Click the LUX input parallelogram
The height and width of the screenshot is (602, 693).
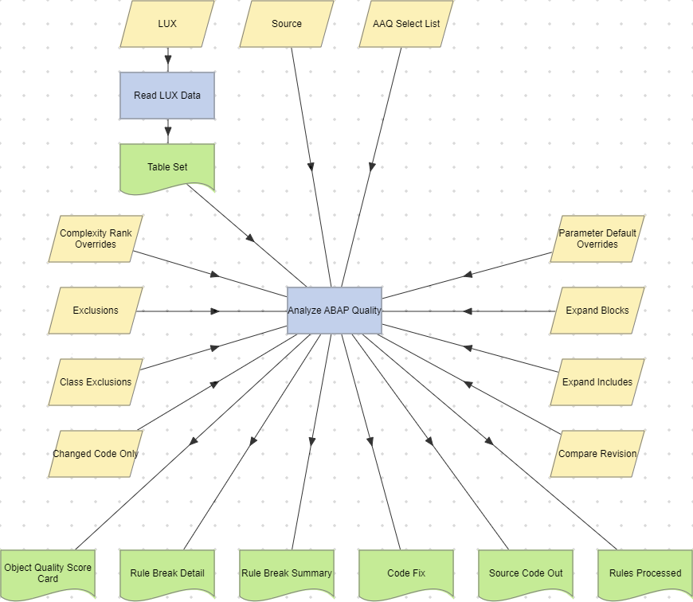point(167,24)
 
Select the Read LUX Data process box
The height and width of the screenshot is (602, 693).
point(167,96)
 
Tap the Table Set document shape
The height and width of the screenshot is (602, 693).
point(167,167)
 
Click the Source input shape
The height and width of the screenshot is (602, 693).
point(287,24)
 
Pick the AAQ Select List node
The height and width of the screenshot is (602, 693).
point(406,24)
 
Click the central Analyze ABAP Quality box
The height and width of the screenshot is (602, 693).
point(335,311)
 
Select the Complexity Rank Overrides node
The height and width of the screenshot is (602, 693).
point(96,239)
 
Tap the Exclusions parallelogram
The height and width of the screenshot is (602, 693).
point(96,311)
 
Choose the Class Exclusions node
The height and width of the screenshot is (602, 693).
point(96,382)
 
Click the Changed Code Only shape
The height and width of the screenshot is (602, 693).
point(96,454)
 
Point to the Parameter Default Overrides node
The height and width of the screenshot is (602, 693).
point(597,239)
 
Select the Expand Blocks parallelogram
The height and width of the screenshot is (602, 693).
point(597,311)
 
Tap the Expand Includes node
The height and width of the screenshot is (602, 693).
point(597,382)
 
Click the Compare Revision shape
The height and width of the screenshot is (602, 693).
point(597,454)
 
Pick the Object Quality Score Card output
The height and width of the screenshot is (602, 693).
point(48,573)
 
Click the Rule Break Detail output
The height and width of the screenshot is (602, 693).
point(167,573)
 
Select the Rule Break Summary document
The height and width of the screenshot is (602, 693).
point(287,573)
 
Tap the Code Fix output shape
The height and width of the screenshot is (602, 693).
point(406,573)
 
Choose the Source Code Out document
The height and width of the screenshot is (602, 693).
point(526,573)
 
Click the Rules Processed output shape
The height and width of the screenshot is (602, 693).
point(645,573)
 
